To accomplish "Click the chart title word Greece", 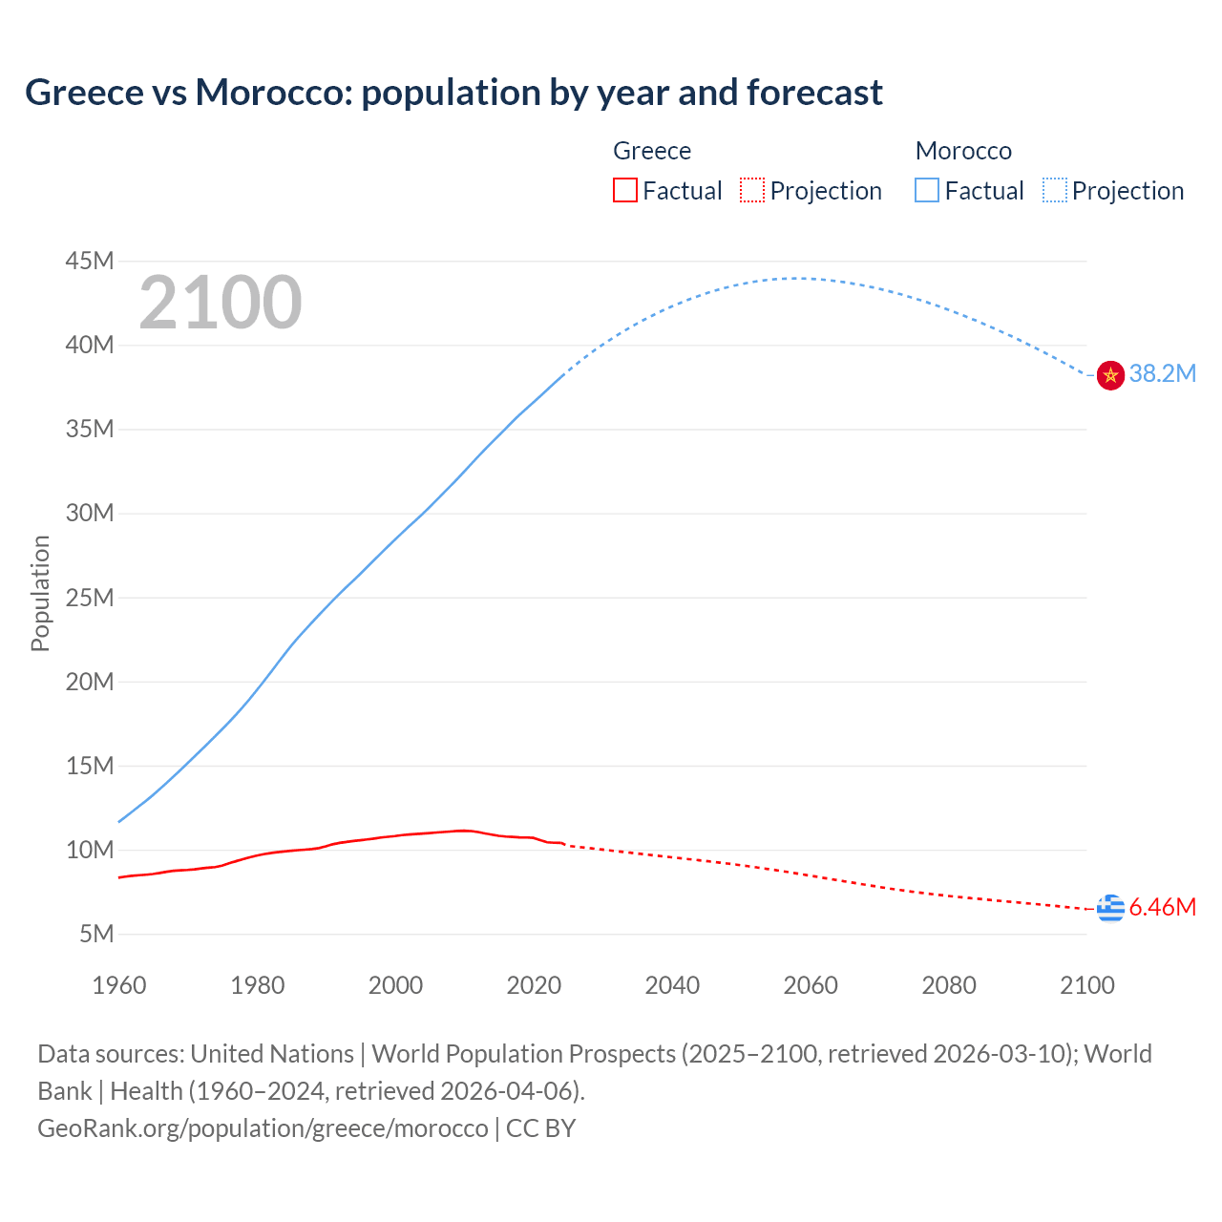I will (x=81, y=93).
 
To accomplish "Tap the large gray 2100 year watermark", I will (x=221, y=303).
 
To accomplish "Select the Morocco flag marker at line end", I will (x=1110, y=375).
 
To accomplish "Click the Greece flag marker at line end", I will (x=1110, y=908).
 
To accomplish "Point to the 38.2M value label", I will (x=1162, y=374).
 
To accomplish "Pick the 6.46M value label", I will (x=1162, y=907).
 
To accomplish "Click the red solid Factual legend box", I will (x=625, y=191).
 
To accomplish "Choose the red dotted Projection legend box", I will (x=752, y=191).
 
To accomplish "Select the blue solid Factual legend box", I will (x=927, y=191).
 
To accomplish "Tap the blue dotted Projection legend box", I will (x=1055, y=191).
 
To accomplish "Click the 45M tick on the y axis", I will (x=90, y=261).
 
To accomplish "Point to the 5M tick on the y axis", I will (x=96, y=934).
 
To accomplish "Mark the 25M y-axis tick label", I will (x=90, y=598).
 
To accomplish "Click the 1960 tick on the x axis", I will (x=119, y=985).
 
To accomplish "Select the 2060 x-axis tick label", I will (x=811, y=985).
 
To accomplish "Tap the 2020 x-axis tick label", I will (x=534, y=985).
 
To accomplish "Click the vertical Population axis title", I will (x=40, y=593).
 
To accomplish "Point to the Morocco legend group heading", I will (x=963, y=151).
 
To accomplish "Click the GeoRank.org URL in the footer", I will (x=263, y=1128).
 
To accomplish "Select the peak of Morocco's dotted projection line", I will (x=797, y=278).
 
